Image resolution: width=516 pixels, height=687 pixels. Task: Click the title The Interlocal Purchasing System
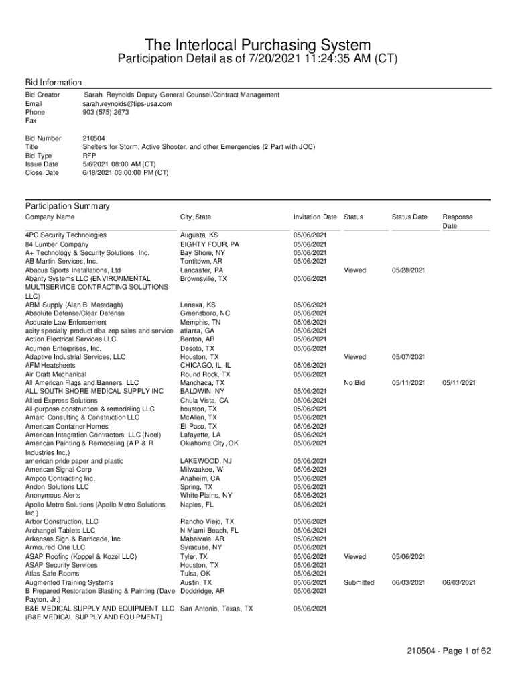coord(257,45)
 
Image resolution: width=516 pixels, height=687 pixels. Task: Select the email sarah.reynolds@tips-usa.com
coord(127,104)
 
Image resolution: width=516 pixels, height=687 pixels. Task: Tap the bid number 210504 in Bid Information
coord(93,138)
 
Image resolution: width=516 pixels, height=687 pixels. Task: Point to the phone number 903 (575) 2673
coord(106,113)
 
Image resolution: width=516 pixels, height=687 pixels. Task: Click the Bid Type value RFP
coord(90,156)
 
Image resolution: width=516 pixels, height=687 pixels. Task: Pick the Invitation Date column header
coord(315,217)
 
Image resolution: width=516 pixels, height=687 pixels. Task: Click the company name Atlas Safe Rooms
coord(52,574)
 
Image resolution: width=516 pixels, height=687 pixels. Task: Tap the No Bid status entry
coord(354,382)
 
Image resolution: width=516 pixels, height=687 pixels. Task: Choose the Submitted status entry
coord(359,582)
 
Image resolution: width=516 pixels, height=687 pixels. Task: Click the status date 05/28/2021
coord(409,270)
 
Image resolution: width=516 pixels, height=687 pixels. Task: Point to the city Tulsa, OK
coord(196,574)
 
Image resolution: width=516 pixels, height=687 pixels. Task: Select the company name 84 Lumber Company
coord(57,244)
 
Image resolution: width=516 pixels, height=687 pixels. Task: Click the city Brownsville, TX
coord(204,278)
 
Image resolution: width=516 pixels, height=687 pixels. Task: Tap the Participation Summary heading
coord(67,206)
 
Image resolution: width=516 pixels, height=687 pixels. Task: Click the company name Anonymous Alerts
coord(53,495)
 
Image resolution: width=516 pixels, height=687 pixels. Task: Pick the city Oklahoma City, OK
coord(209,443)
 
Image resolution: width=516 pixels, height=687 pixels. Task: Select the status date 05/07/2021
coord(409,357)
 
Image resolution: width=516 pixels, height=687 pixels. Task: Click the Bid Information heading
coord(54,82)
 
